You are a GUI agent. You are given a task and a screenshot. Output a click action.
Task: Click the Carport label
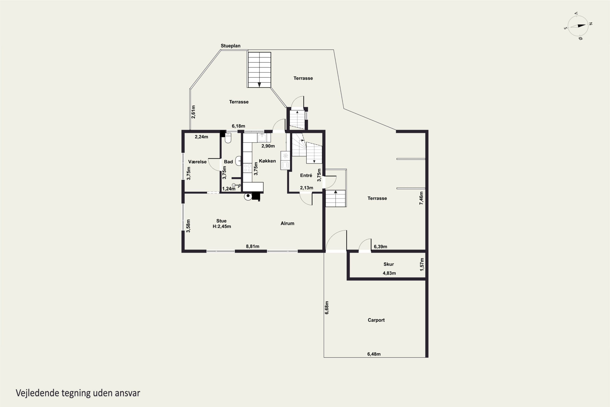pyautogui.click(x=376, y=320)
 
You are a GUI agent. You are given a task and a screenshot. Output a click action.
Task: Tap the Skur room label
pyautogui.click(x=389, y=264)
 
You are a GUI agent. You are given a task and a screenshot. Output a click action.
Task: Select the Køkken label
pyautogui.click(x=267, y=161)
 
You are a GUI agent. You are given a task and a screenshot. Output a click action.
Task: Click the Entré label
pyautogui.click(x=306, y=175)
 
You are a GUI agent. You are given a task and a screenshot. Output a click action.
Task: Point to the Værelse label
pyautogui.click(x=197, y=162)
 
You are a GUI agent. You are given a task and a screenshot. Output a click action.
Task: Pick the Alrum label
pyautogui.click(x=287, y=223)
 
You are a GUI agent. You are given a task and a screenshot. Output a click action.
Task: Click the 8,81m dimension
pyautogui.click(x=253, y=246)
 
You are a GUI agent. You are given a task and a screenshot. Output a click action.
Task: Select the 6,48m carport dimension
pyautogui.click(x=374, y=354)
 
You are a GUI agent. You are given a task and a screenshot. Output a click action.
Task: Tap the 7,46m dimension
pyautogui.click(x=421, y=198)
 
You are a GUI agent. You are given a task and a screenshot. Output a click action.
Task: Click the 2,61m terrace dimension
pyautogui.click(x=193, y=112)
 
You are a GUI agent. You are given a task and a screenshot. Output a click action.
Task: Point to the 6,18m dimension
pyautogui.click(x=238, y=126)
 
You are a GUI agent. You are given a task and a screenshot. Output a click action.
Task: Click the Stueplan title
pyautogui.click(x=231, y=46)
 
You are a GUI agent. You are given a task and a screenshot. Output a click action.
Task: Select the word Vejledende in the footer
pyautogui.click(x=38, y=393)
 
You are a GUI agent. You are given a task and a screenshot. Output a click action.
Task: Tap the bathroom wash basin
pyautogui.click(x=238, y=161)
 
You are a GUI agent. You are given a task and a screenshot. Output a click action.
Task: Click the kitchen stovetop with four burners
pyautogui.click(x=247, y=168)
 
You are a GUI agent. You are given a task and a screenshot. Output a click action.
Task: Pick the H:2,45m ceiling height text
pyautogui.click(x=222, y=226)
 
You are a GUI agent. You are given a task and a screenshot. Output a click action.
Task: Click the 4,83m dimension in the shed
pyautogui.click(x=389, y=273)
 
